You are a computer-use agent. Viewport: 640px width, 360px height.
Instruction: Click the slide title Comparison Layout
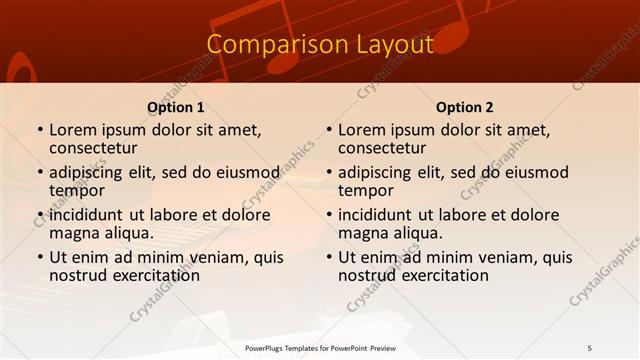(320, 45)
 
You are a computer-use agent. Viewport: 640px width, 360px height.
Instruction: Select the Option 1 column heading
(176, 107)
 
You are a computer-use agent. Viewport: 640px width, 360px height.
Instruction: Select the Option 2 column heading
(465, 107)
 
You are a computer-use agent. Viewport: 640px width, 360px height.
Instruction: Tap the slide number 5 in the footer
(590, 347)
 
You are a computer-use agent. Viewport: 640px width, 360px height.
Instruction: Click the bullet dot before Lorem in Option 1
(40, 130)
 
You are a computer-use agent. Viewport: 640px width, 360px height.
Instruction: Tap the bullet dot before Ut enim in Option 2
(329, 258)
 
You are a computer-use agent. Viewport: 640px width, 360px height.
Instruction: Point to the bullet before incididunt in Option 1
(40, 215)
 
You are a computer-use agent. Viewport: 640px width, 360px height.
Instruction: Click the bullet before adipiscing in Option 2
(329, 173)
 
